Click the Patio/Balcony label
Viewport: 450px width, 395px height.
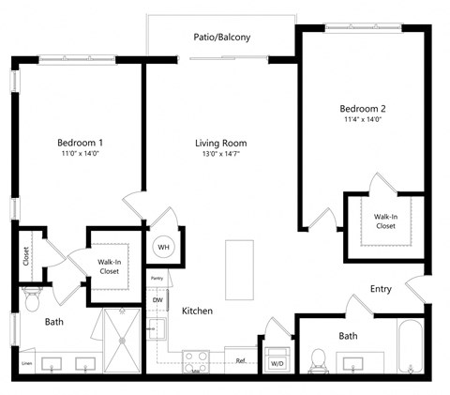click(x=222, y=38)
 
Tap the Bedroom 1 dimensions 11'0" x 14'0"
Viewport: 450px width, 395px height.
click(x=79, y=153)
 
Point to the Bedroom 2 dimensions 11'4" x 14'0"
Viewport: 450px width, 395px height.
click(x=362, y=118)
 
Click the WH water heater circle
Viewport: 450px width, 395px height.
click(x=163, y=247)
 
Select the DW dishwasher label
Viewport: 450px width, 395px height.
click(x=158, y=300)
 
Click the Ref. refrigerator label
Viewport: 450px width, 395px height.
click(x=241, y=360)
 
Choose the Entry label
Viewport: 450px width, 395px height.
click(x=380, y=289)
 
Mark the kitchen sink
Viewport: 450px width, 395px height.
click(x=157, y=330)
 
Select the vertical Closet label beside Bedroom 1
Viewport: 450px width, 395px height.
click(x=26, y=256)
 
